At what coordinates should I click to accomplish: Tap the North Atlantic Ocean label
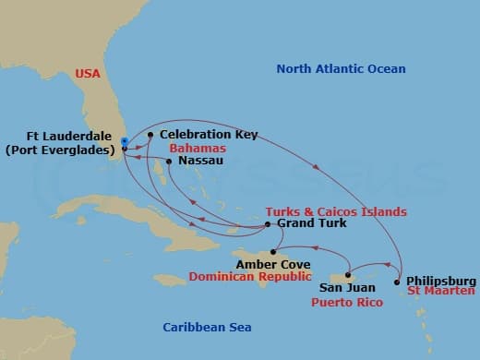coord(341,69)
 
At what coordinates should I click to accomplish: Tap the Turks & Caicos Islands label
coord(336,211)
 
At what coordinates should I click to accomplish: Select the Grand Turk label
coord(306,224)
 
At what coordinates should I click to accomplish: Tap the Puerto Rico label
coord(342,300)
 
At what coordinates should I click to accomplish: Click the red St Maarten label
coord(442,292)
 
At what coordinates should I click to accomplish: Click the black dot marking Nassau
coord(168,161)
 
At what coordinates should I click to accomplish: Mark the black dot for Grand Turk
coord(268,224)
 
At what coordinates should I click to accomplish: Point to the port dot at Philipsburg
coord(398,281)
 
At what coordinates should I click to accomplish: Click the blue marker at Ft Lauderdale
coord(124,141)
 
